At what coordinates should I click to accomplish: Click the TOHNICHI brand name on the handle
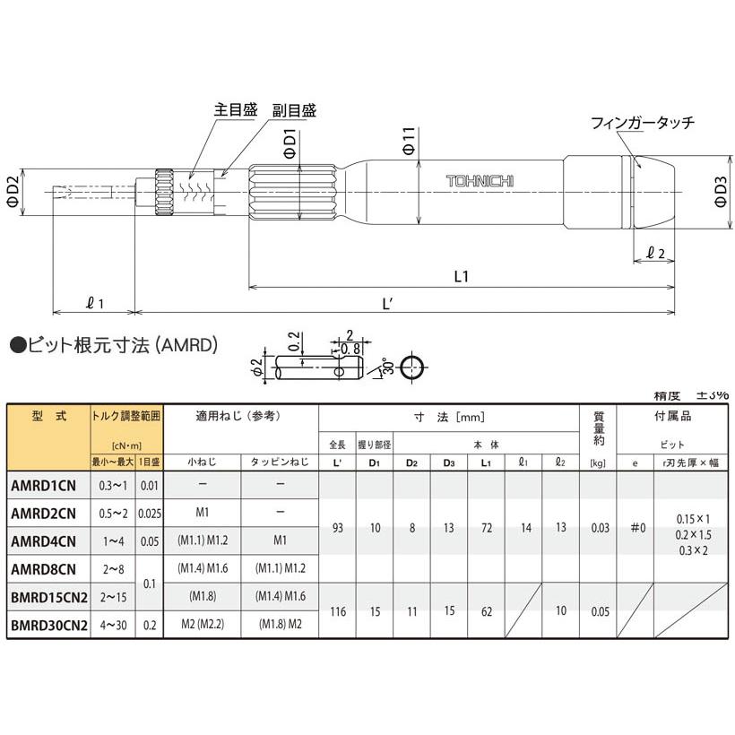[x=480, y=181]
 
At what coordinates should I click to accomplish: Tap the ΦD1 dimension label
[x=290, y=143]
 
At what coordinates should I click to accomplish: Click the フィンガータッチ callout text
[x=643, y=123]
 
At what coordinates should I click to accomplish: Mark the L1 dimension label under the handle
[x=463, y=277]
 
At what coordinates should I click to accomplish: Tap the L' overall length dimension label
[x=388, y=303]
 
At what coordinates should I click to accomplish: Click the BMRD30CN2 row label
[x=49, y=625]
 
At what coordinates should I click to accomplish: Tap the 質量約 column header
[x=599, y=428]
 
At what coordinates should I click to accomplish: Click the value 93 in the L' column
[x=337, y=528]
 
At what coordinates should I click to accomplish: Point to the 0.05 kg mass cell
[x=599, y=611]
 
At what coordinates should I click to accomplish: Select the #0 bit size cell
[x=636, y=528]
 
